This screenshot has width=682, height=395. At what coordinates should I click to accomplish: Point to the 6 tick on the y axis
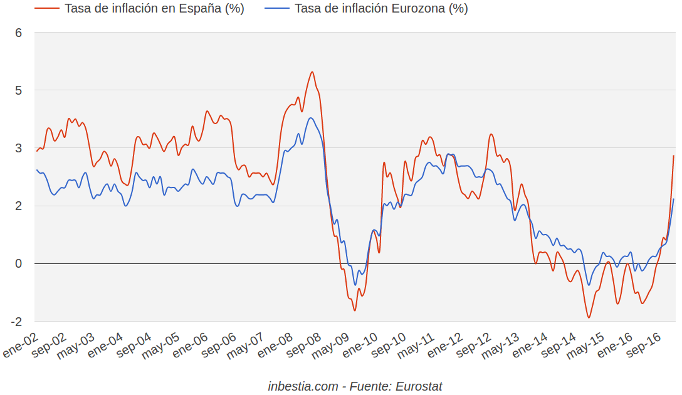(x=19, y=33)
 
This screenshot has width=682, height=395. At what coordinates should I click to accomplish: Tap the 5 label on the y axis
(x=19, y=90)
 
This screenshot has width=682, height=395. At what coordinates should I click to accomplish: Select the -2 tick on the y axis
(x=16, y=321)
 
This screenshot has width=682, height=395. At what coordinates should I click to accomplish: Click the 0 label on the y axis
(x=19, y=263)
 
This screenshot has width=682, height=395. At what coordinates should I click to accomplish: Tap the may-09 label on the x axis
(x=332, y=346)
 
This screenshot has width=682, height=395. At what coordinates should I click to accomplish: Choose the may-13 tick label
(x=502, y=346)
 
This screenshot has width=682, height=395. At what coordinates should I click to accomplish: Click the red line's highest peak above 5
(x=312, y=72)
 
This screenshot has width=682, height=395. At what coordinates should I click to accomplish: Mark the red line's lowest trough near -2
(x=589, y=317)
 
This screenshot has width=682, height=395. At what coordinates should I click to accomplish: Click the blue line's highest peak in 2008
(x=311, y=118)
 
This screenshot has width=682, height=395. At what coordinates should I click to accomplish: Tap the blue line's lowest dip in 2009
(x=355, y=285)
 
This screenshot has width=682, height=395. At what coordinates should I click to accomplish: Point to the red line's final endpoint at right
(x=674, y=155)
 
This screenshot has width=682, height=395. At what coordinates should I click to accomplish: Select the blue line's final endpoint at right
(x=674, y=199)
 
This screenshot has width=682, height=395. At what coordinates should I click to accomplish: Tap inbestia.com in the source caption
(x=303, y=386)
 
